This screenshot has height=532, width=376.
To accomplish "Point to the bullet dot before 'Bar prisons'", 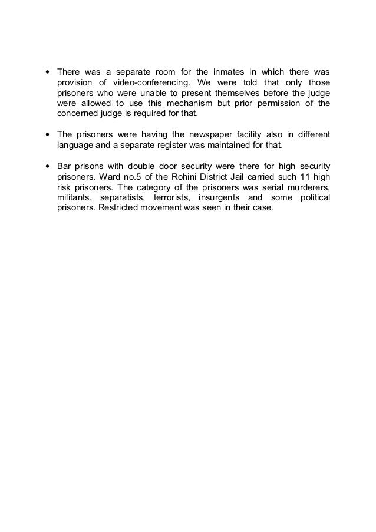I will [x=47, y=164].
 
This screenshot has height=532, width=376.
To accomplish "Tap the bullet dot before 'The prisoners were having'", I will [x=47, y=134].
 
